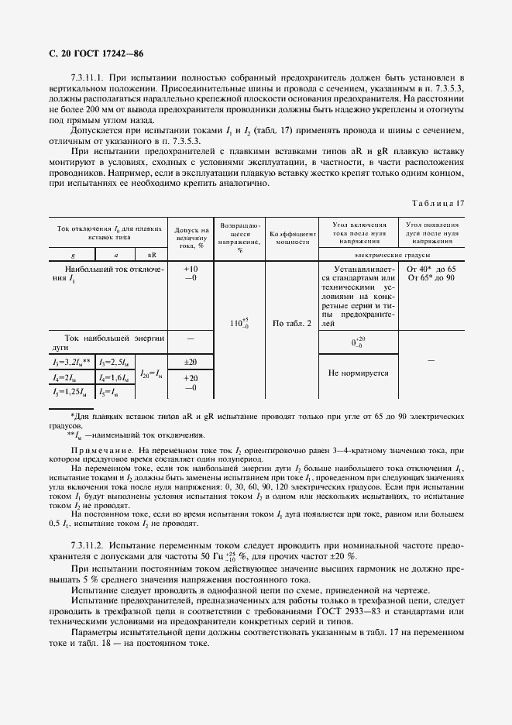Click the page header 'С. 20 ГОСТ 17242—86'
pyautogui.click(x=91, y=53)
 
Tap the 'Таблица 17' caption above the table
pyautogui.click(x=439, y=203)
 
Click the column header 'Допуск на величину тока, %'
pyautogui.click(x=190, y=238)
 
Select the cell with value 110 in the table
pyautogui.click(x=239, y=323)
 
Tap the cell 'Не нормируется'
pyautogui.click(x=358, y=373)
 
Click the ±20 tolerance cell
pyautogui.click(x=190, y=362)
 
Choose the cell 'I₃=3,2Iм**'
pyautogui.click(x=72, y=362)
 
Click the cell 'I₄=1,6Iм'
pyautogui.click(x=115, y=377)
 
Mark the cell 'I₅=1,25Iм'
pyautogui.click(x=71, y=392)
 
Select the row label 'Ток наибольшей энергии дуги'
pyautogui.click(x=108, y=343)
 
